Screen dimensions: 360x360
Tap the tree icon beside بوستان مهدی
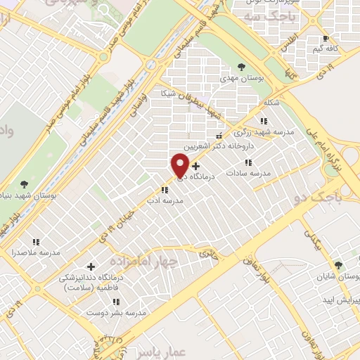click(x=242, y=67)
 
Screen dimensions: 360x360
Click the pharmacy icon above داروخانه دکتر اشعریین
click(x=219, y=135)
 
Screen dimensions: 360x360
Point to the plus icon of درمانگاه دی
click(x=195, y=166)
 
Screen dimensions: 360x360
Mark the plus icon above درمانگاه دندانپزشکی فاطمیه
click(x=91, y=266)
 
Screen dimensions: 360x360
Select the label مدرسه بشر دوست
click(x=121, y=311)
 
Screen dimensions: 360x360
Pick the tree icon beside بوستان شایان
click(x=338, y=265)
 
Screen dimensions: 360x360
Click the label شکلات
click(x=271, y=103)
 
